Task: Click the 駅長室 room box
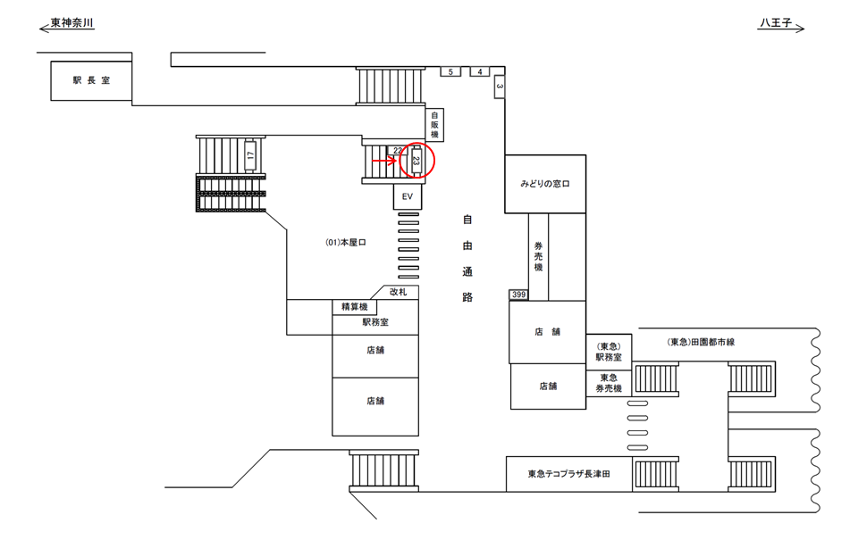click(x=91, y=79)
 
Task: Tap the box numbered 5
click(x=450, y=71)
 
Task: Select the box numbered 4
click(x=480, y=71)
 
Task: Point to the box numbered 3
click(x=500, y=87)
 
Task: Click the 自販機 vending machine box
click(x=435, y=124)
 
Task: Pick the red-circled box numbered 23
click(x=416, y=162)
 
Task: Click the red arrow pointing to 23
click(x=385, y=162)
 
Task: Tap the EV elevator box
click(x=407, y=196)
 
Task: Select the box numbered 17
click(x=251, y=154)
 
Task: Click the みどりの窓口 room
click(x=545, y=184)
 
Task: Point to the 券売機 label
click(x=538, y=256)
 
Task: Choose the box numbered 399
click(x=518, y=295)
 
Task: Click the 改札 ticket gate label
click(x=398, y=292)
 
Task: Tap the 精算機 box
click(x=354, y=307)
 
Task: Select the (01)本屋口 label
click(x=346, y=242)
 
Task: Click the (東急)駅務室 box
click(x=609, y=352)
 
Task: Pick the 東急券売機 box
click(x=609, y=382)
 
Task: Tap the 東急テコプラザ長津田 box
click(x=568, y=474)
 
